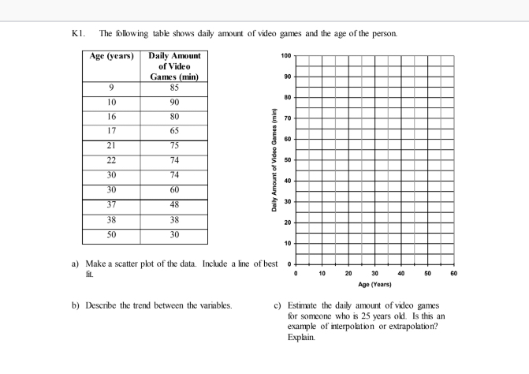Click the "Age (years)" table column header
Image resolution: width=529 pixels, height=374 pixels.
coord(110,57)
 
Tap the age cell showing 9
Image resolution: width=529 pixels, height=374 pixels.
coord(110,89)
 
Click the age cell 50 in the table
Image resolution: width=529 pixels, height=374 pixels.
coord(110,235)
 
